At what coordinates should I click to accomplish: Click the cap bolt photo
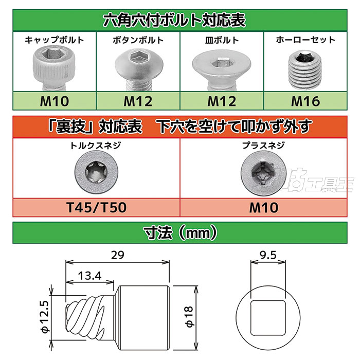54,68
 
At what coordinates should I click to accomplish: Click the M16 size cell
305,101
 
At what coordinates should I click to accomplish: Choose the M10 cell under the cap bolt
55,101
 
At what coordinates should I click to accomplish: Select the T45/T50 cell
97,208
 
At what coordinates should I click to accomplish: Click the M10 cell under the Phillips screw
263,208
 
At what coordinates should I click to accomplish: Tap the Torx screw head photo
97,172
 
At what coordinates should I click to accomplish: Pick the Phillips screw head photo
263,173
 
